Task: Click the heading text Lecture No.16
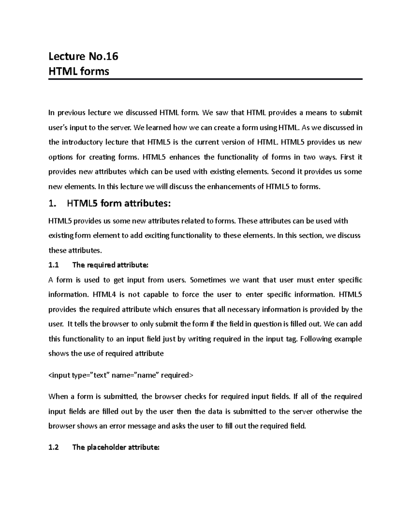[83, 56]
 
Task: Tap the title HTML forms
[79, 71]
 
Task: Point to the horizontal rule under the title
[205, 79]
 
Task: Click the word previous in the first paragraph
[72, 113]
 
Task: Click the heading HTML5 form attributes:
[119, 204]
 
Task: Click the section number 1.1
[54, 265]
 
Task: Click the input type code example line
[121, 375]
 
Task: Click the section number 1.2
[54, 447]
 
